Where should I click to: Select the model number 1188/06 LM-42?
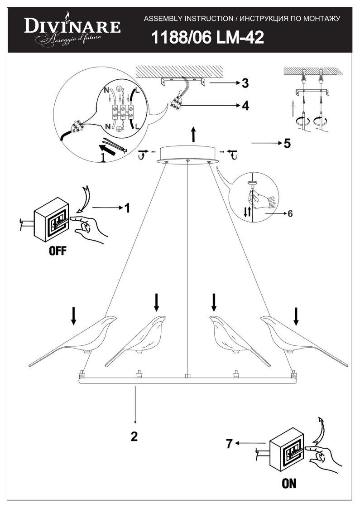pos(207,38)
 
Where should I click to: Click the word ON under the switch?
pos(289,483)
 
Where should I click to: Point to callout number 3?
pos(245,83)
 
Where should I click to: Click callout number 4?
pos(245,106)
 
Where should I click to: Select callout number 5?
pos(287,144)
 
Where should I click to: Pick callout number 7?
pos(229,444)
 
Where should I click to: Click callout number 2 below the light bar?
pos(134,436)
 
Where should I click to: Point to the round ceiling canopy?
pos(188,154)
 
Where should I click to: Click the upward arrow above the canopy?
pos(193,134)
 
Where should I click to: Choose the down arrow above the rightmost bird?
pos(296,316)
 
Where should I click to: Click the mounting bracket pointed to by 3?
pos(182,82)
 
